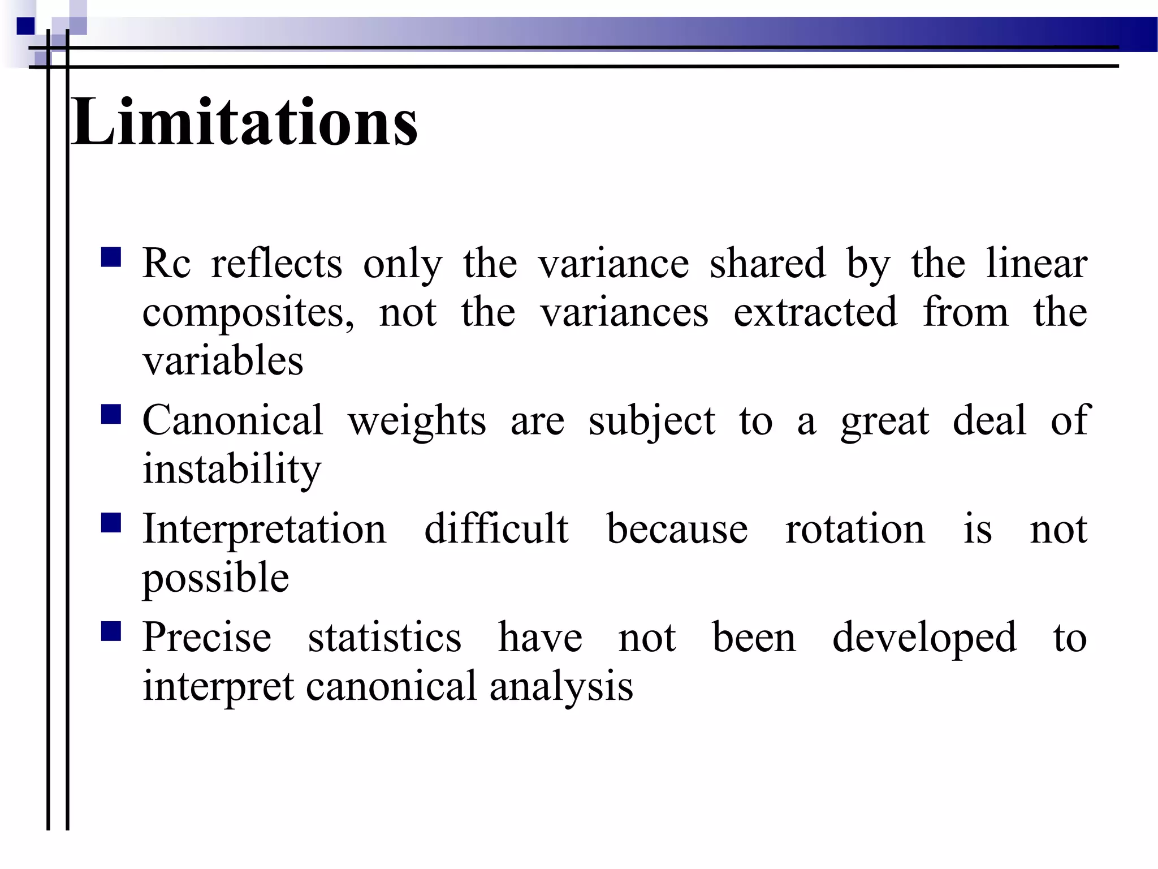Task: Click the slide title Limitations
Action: [244, 122]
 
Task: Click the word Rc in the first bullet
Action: [166, 264]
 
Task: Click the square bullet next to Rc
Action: [111, 257]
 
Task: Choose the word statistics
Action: [384, 638]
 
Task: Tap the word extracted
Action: [815, 312]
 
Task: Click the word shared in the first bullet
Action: [767, 264]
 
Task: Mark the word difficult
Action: [496, 530]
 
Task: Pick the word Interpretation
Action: [264, 531]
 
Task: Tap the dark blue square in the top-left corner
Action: [25, 26]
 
